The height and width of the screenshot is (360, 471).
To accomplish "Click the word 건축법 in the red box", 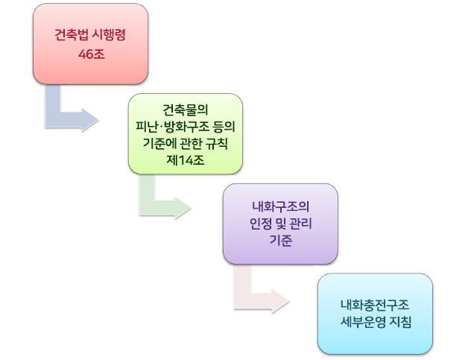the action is tap(72, 34).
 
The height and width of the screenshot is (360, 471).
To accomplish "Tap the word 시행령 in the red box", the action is tap(109, 34).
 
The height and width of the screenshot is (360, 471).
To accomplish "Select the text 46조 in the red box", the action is tap(92, 54).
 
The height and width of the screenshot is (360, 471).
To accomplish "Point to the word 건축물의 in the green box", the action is tap(186, 110).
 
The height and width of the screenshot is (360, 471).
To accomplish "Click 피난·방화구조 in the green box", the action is tap(172, 127).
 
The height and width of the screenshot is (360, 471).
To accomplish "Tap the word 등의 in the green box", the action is tap(224, 127).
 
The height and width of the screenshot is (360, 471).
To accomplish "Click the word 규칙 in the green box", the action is tap(217, 143).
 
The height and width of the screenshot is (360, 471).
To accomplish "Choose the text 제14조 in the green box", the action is tap(186, 160).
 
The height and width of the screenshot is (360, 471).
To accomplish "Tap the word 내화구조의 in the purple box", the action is tap(280, 206).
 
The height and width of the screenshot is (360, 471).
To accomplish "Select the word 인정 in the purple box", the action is tap(261, 224).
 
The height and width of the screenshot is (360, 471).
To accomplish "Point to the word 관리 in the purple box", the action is tap(300, 224).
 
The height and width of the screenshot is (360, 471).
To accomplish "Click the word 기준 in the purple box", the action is tap(280, 241).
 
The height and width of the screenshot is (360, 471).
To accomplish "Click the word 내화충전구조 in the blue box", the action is tap(375, 305).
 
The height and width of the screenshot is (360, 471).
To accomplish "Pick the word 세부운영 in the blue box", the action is tap(363, 322).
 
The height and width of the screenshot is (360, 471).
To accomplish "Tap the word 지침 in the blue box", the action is tap(399, 322).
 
